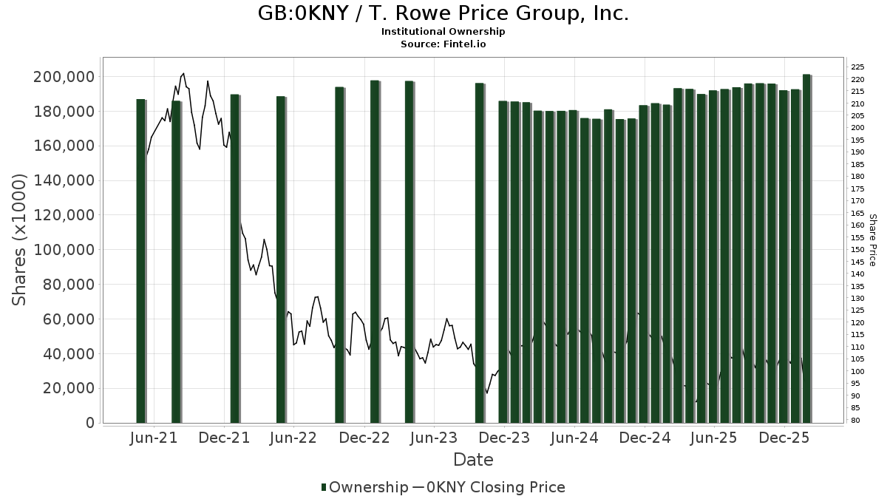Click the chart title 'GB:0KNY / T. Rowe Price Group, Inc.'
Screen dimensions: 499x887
(x=443, y=13)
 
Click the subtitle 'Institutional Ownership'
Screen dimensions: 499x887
(x=443, y=32)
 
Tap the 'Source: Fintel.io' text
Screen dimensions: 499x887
(x=443, y=44)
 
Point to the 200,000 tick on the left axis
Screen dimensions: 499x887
(x=64, y=77)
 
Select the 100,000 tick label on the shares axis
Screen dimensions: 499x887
(x=64, y=250)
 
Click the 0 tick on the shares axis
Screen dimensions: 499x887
(x=89, y=423)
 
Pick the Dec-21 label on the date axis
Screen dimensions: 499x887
(x=225, y=438)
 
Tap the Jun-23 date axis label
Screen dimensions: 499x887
(x=434, y=438)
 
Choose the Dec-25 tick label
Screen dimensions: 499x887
(x=786, y=438)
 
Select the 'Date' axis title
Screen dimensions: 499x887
(x=473, y=460)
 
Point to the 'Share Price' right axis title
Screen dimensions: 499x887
(x=873, y=240)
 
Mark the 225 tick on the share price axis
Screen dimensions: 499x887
(x=858, y=67)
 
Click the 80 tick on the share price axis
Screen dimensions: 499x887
(x=856, y=421)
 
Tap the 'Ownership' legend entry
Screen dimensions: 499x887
(x=365, y=487)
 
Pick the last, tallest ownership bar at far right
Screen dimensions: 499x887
(x=806, y=248)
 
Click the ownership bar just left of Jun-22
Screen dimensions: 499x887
(x=281, y=259)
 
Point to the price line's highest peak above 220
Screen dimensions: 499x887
(x=183, y=74)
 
